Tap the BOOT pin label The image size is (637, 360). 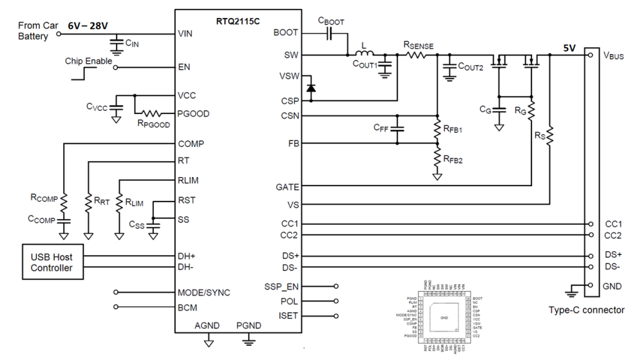coord(286,32)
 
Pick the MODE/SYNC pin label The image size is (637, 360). coord(204,292)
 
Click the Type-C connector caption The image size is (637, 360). coord(586,310)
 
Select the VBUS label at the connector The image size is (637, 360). coord(614,55)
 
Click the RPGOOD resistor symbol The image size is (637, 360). coord(155,113)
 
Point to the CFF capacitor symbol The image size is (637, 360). coord(397,129)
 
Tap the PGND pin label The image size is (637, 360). coord(249,326)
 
